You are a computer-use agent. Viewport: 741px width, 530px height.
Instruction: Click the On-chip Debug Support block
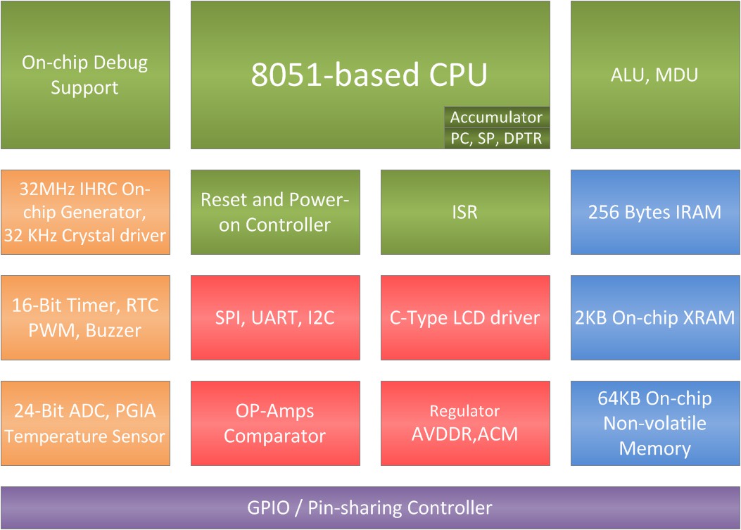click(85, 75)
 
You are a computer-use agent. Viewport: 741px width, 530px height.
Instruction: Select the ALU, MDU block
click(654, 75)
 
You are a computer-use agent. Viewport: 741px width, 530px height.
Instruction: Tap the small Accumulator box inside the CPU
click(496, 118)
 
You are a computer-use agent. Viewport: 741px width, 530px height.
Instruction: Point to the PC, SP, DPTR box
click(496, 139)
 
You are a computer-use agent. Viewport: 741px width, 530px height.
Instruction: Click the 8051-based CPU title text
click(369, 75)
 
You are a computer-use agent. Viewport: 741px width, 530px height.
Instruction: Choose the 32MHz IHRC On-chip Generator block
click(85, 212)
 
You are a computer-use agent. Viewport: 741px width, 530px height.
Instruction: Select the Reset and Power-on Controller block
click(275, 212)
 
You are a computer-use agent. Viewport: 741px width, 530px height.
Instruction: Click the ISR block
click(465, 212)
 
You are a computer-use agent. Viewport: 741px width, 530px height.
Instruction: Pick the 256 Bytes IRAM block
click(654, 212)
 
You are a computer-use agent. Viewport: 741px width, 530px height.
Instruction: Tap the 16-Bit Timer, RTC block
click(85, 317)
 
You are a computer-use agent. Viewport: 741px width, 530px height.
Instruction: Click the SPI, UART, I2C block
click(275, 317)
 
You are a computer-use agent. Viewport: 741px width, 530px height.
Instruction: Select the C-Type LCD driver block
click(465, 317)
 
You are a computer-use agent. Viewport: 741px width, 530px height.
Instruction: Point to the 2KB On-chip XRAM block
click(654, 317)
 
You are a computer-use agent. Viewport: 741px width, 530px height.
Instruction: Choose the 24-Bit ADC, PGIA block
click(85, 423)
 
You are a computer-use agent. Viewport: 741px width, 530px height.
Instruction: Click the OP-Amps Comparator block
click(275, 423)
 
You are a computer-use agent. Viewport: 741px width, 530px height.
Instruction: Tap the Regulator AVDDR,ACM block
click(465, 423)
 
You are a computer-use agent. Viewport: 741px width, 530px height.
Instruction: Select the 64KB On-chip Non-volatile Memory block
click(654, 423)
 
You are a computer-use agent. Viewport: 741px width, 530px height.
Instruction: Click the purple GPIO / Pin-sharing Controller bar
click(370, 507)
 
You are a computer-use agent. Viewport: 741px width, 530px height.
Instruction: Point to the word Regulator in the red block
click(465, 411)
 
